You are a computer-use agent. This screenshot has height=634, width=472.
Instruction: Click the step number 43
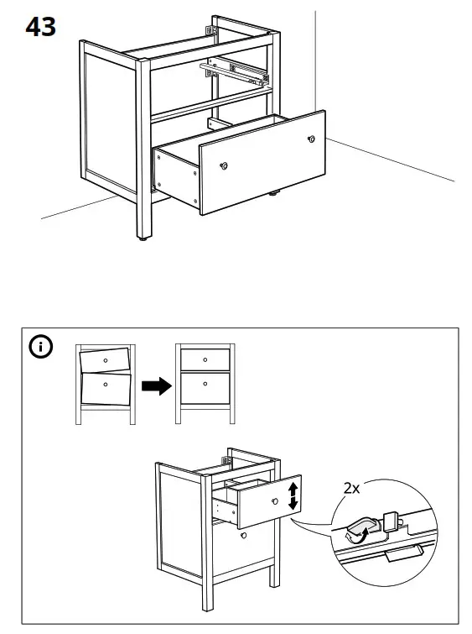[x=40, y=27]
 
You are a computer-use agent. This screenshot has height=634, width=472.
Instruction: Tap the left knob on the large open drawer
[x=224, y=165]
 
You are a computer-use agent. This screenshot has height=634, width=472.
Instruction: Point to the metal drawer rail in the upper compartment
[x=236, y=71]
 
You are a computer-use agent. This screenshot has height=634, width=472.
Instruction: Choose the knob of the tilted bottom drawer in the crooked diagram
[x=105, y=384]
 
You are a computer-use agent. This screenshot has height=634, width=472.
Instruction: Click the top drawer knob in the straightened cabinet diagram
[x=205, y=359]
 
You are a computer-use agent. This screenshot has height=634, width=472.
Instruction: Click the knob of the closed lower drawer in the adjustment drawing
[x=242, y=534]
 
